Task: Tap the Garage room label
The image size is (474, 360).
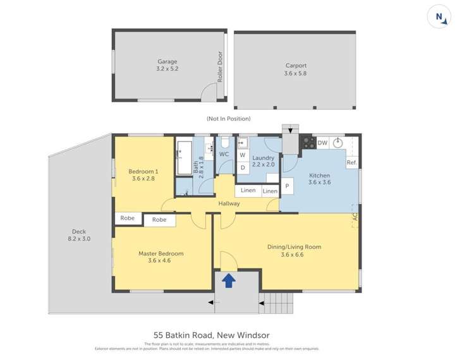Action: point(167,62)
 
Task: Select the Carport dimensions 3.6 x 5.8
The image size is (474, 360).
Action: point(295,73)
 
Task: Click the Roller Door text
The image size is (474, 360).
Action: point(220,67)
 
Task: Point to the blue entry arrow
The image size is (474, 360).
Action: point(229,280)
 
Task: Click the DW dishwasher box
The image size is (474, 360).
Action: point(322,143)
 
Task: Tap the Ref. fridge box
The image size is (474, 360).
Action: point(351,162)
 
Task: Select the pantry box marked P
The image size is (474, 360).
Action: point(286,186)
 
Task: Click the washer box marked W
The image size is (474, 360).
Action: point(242,155)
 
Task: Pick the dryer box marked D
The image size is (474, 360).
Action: point(242,167)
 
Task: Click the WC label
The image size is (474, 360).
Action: point(224,154)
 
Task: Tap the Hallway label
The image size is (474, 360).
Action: point(229,203)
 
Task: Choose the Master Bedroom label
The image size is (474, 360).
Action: point(161,253)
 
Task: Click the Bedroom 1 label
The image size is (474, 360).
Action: point(143,171)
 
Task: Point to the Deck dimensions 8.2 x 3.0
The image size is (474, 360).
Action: point(79,239)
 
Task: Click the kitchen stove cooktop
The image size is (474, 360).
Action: point(308,143)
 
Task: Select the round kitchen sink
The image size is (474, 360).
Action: point(339,143)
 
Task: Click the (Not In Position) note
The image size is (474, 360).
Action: point(228,119)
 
